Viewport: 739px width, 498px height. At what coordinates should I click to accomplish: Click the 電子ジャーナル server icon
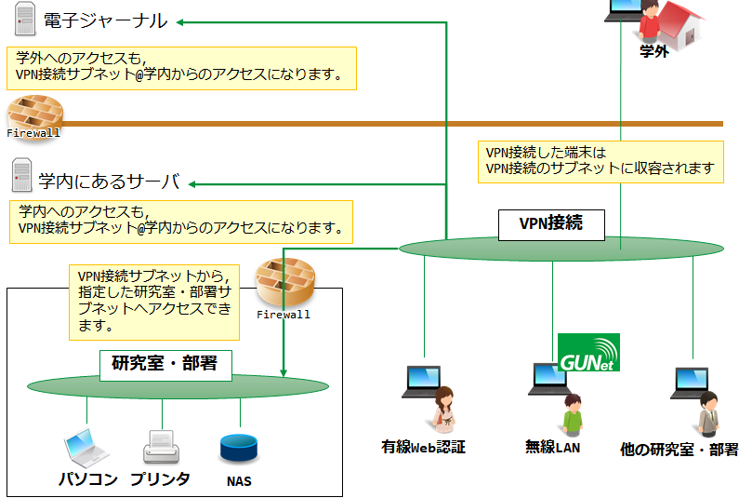coord(25,19)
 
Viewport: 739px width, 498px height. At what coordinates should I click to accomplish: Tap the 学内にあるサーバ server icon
coord(21,175)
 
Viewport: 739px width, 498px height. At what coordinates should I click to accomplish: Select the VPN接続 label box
coord(551,225)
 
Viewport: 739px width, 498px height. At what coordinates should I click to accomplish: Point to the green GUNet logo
coord(588,353)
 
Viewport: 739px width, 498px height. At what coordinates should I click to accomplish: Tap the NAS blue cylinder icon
coord(239,448)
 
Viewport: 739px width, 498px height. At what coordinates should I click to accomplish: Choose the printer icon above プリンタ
coord(161,447)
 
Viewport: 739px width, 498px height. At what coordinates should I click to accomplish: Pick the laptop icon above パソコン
coord(86,448)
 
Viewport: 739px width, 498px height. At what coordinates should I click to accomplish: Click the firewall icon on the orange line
coord(35,116)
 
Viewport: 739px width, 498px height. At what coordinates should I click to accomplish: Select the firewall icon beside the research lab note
coord(284,282)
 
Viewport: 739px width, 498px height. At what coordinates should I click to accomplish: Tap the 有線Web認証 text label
coord(423,447)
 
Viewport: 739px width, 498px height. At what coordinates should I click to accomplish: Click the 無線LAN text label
coord(552,447)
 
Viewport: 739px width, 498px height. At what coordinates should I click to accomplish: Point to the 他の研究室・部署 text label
coord(679,449)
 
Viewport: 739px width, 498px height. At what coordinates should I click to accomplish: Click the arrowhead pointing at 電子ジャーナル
coord(180,22)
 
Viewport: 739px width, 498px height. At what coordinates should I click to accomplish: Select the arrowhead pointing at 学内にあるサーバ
coord(191,184)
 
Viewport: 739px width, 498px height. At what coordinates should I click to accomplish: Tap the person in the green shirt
coord(573,415)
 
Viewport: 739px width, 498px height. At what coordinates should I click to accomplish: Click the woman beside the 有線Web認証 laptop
coord(444,410)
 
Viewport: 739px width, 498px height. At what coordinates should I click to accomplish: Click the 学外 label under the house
coord(653,51)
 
